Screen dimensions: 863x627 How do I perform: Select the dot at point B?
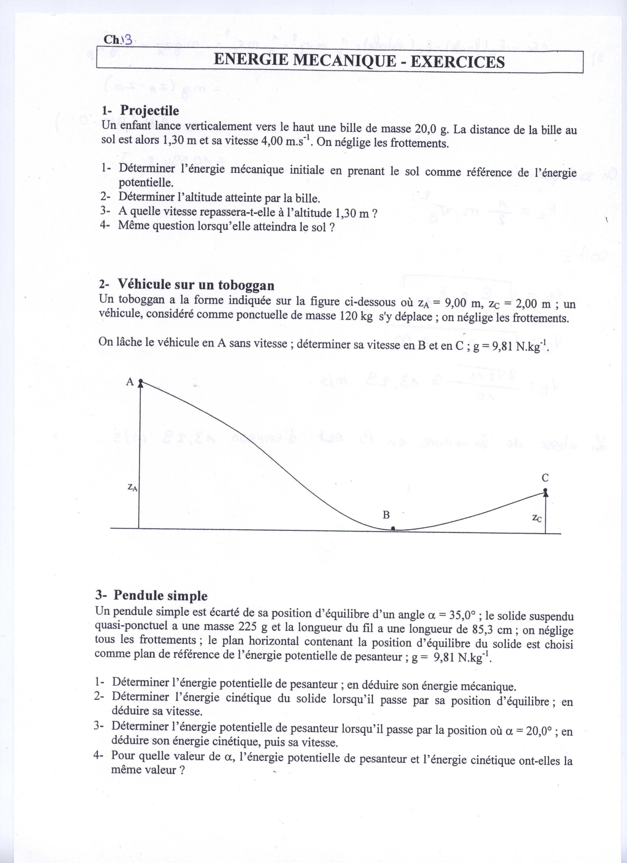[393, 529]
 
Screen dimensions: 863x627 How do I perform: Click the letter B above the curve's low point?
[386, 515]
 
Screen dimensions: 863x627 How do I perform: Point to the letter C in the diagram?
[545, 478]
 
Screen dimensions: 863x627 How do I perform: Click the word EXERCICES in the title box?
[457, 61]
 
